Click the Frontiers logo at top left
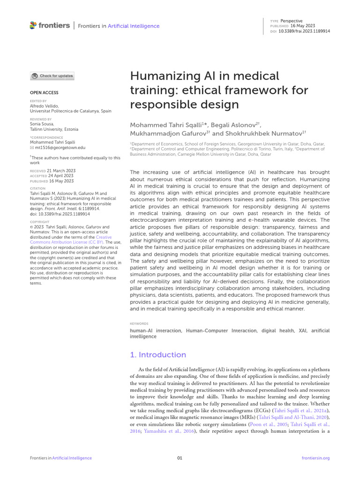point(49,25)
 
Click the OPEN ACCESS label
point(44,93)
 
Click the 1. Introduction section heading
point(157,354)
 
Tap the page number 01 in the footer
point(180,458)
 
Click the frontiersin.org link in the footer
point(316,458)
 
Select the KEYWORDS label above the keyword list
point(139,323)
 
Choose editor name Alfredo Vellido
point(45,106)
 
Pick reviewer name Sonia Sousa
point(42,124)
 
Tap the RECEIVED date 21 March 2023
point(61,171)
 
